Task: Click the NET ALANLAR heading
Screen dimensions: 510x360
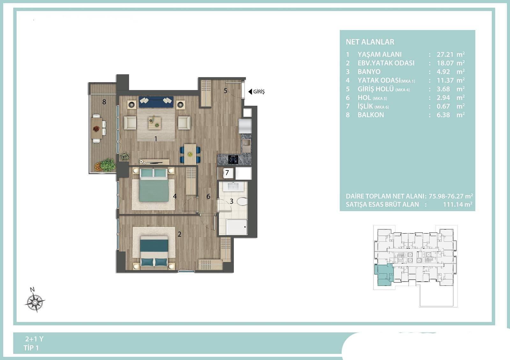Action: coord(370,42)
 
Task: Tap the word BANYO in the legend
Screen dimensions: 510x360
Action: coord(369,72)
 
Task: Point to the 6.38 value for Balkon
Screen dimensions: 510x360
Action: coord(443,115)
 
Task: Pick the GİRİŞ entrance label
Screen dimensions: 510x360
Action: coord(259,91)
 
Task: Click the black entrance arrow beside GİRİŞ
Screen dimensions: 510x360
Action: coord(250,92)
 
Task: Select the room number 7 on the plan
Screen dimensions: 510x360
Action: coord(227,173)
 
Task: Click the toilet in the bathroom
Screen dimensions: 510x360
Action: coord(242,201)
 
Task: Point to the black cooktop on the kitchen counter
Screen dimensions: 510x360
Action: coord(233,159)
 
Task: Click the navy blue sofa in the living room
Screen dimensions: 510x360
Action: coord(156,102)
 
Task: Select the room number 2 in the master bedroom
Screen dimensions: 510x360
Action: coord(179,234)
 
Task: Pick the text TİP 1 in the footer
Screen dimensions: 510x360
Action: coord(31,348)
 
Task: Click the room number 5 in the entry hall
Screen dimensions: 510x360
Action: coord(225,91)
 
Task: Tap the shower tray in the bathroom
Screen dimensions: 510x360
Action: coord(237,227)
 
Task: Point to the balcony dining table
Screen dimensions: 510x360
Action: coord(97,128)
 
